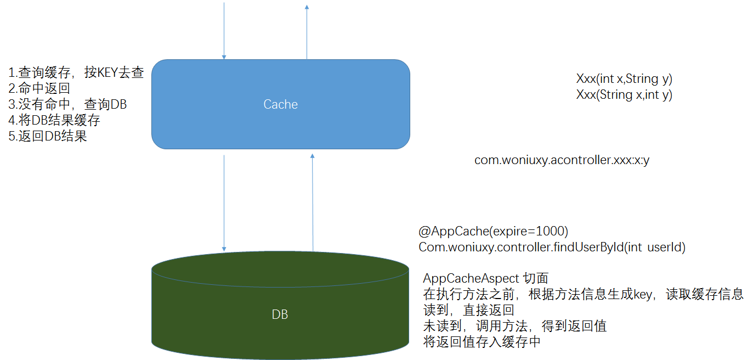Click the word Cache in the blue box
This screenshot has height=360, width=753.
click(x=280, y=104)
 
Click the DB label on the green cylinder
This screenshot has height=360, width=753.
click(x=280, y=314)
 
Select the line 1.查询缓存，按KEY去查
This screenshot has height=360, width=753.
click(x=76, y=72)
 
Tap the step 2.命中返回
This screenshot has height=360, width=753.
click(x=39, y=88)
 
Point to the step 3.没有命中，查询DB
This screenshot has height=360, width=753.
click(x=67, y=104)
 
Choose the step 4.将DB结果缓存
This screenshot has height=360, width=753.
click(x=54, y=120)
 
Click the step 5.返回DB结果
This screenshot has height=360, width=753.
click(x=48, y=136)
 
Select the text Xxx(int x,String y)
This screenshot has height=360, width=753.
click(x=624, y=78)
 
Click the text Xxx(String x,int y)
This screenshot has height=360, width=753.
click(x=624, y=94)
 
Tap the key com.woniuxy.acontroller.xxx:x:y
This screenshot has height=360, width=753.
click(x=562, y=161)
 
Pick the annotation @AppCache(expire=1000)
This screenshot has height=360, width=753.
click(x=493, y=231)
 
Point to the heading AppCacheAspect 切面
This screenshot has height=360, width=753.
click(x=485, y=279)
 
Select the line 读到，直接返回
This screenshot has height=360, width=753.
click(x=468, y=310)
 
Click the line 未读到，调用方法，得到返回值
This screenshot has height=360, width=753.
click(x=515, y=326)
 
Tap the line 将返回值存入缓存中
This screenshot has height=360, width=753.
click(x=482, y=342)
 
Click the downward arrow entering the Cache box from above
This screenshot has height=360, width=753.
click(x=224, y=30)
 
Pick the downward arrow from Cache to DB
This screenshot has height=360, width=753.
click(x=224, y=203)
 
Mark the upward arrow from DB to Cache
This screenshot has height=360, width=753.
click(x=313, y=203)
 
